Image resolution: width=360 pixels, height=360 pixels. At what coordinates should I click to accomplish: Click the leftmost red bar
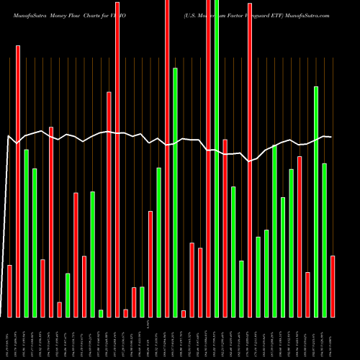click(x=10, y=291)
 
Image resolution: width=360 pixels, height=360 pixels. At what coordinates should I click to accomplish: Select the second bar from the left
click(x=18, y=181)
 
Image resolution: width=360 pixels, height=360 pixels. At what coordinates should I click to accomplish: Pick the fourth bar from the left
click(x=35, y=243)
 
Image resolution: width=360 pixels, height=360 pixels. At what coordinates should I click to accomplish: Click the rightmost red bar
click(x=333, y=286)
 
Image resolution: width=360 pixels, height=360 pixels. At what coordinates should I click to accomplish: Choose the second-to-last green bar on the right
click(x=316, y=202)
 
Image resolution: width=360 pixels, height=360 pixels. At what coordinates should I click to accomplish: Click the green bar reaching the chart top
click(x=217, y=158)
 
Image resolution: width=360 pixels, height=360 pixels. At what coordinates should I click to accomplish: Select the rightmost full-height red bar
click(x=209, y=158)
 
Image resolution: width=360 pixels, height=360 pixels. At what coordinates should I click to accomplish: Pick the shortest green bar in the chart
click(x=101, y=313)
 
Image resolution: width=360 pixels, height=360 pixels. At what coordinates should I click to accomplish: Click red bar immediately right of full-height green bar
click(x=225, y=228)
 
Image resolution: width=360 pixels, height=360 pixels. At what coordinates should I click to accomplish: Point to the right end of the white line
click(x=331, y=137)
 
